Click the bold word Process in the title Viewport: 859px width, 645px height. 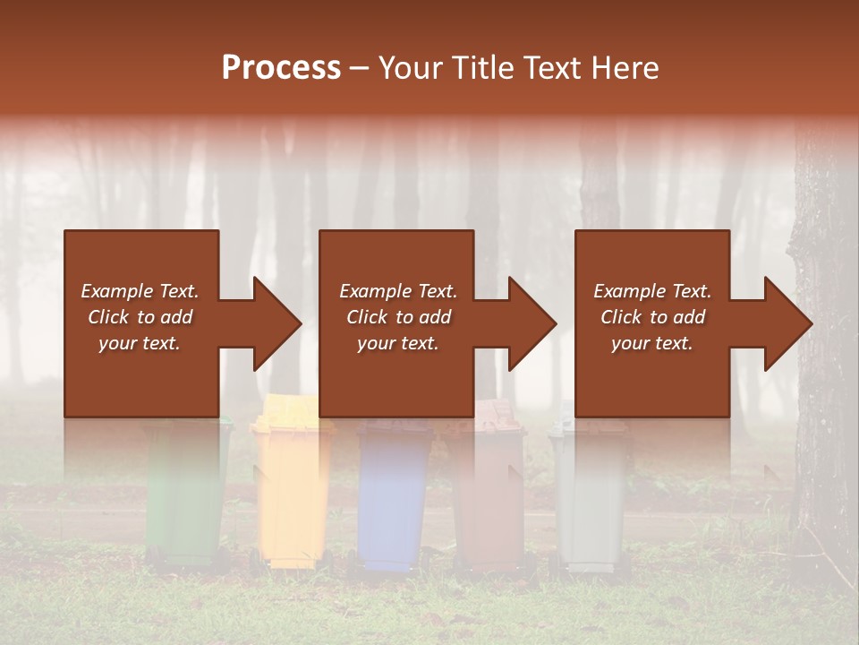[x=281, y=67]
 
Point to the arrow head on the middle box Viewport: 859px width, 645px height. [x=532, y=323]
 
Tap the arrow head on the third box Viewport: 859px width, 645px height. [x=788, y=323]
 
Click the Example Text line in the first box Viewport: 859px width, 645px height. [x=140, y=291]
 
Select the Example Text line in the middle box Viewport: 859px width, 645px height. [x=397, y=291]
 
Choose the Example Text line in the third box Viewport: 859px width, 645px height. [x=652, y=291]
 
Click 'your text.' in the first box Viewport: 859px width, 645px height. [x=140, y=343]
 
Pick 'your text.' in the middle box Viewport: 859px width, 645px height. [x=397, y=343]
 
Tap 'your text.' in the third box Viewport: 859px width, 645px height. [x=652, y=343]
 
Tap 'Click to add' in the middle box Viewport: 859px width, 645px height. [x=397, y=317]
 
